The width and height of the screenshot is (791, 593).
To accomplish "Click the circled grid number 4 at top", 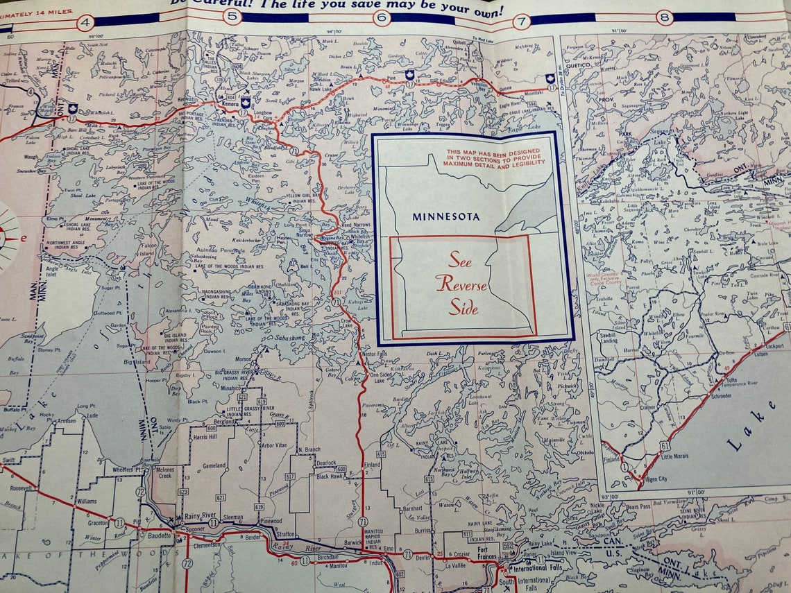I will pos(85,22).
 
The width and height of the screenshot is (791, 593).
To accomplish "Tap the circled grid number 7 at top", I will pos(522,22).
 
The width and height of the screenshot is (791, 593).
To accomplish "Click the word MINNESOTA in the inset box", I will pos(445,216).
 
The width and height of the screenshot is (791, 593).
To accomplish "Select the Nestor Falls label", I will pos(377,354).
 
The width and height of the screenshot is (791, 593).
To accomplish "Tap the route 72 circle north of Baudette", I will pos(141,492).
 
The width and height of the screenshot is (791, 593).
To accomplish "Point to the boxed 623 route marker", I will pos(183,491).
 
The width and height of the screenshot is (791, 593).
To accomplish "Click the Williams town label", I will pos(87,500).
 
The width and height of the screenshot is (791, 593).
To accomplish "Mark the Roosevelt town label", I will pos(22,488).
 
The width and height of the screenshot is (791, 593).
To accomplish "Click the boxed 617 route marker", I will pos(290,476).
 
